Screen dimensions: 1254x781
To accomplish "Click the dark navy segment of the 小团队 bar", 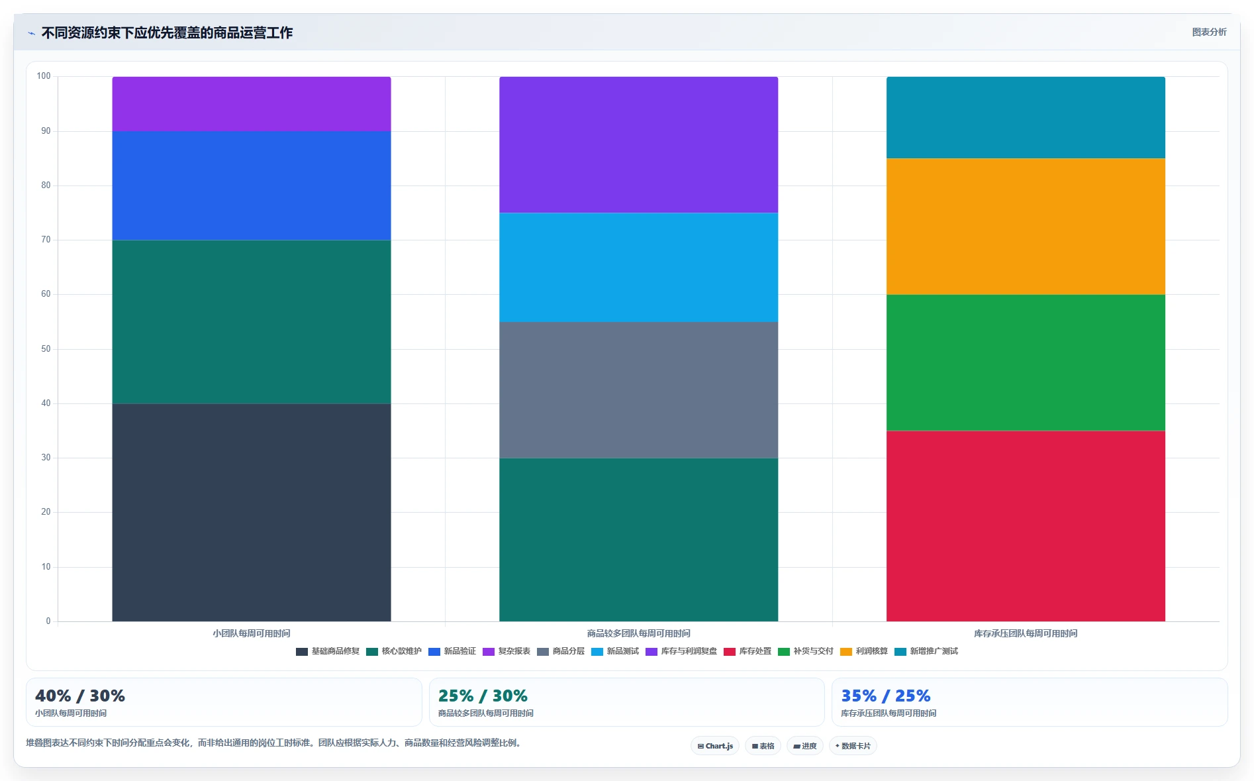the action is [x=252, y=512].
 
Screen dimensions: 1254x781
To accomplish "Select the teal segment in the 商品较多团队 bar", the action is [x=638, y=539].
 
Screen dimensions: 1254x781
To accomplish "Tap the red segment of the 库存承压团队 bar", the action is [x=1026, y=526].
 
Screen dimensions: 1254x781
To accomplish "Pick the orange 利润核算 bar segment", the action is [x=1026, y=226].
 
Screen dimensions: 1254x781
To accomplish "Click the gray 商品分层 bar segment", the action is [x=638, y=390].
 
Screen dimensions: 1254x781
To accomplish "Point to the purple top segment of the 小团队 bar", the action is [x=252, y=104].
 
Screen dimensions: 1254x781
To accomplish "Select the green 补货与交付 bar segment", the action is [x=1026, y=362].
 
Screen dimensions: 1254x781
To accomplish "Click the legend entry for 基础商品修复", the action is [x=328, y=651].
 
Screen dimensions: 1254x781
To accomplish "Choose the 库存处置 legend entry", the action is [x=748, y=651].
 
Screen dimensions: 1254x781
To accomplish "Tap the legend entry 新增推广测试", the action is [x=926, y=651].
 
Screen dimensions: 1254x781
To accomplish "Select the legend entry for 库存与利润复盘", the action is [x=681, y=651].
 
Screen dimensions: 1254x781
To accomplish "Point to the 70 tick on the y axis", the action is [x=46, y=240].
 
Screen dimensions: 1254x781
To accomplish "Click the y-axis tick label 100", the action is [x=44, y=76].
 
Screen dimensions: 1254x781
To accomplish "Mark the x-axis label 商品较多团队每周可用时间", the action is [x=638, y=633].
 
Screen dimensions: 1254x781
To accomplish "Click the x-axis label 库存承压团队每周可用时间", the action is [x=1026, y=633].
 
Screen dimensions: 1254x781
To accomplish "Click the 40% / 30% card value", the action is [x=80, y=696].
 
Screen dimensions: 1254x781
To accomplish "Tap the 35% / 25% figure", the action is [x=886, y=696].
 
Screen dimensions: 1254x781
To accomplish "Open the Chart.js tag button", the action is [x=715, y=746].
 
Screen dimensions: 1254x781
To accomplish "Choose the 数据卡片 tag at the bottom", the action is [x=853, y=746].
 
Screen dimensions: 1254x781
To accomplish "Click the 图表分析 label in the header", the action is [x=1209, y=32].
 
